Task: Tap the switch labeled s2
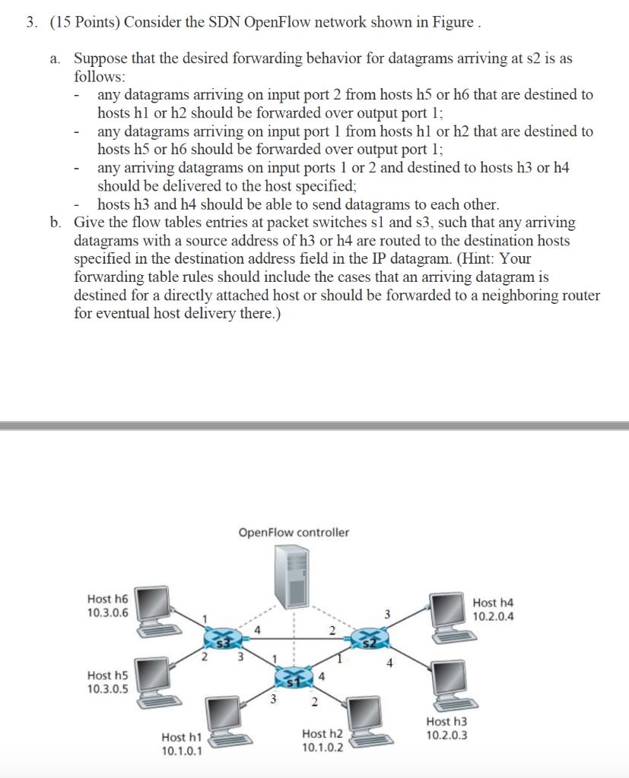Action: click(x=373, y=640)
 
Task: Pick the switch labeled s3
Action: click(x=221, y=640)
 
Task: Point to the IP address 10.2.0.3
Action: click(x=447, y=735)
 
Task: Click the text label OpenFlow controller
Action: click(x=294, y=533)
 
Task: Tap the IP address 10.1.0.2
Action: click(x=322, y=747)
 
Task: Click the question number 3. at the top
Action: click(x=31, y=21)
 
